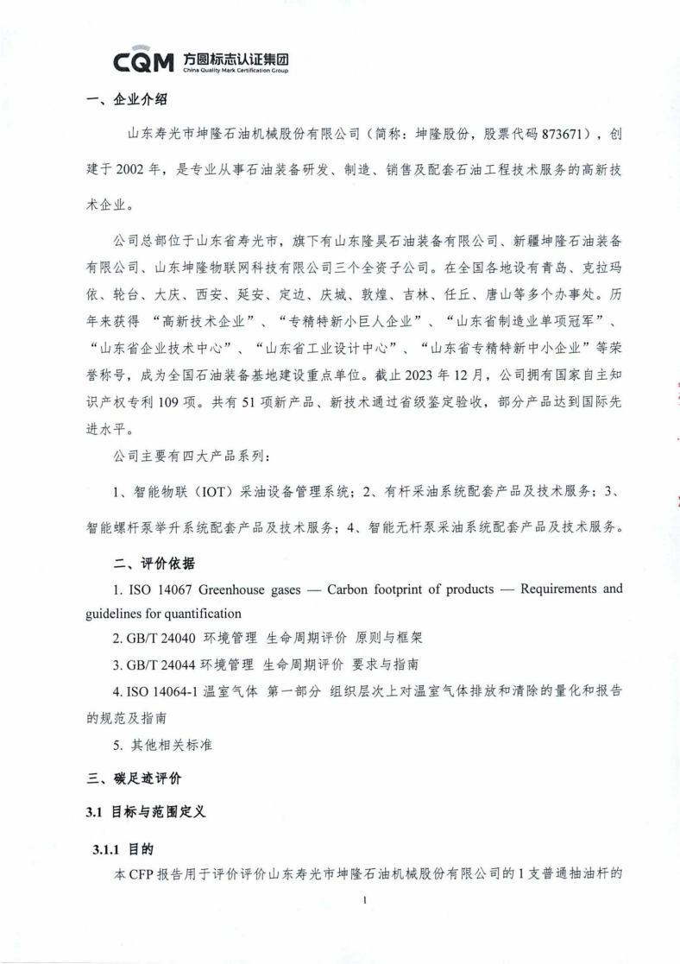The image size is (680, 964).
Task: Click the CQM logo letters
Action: (146, 62)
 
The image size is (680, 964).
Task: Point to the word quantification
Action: (205, 614)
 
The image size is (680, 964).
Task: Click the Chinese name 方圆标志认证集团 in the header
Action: (236, 58)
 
